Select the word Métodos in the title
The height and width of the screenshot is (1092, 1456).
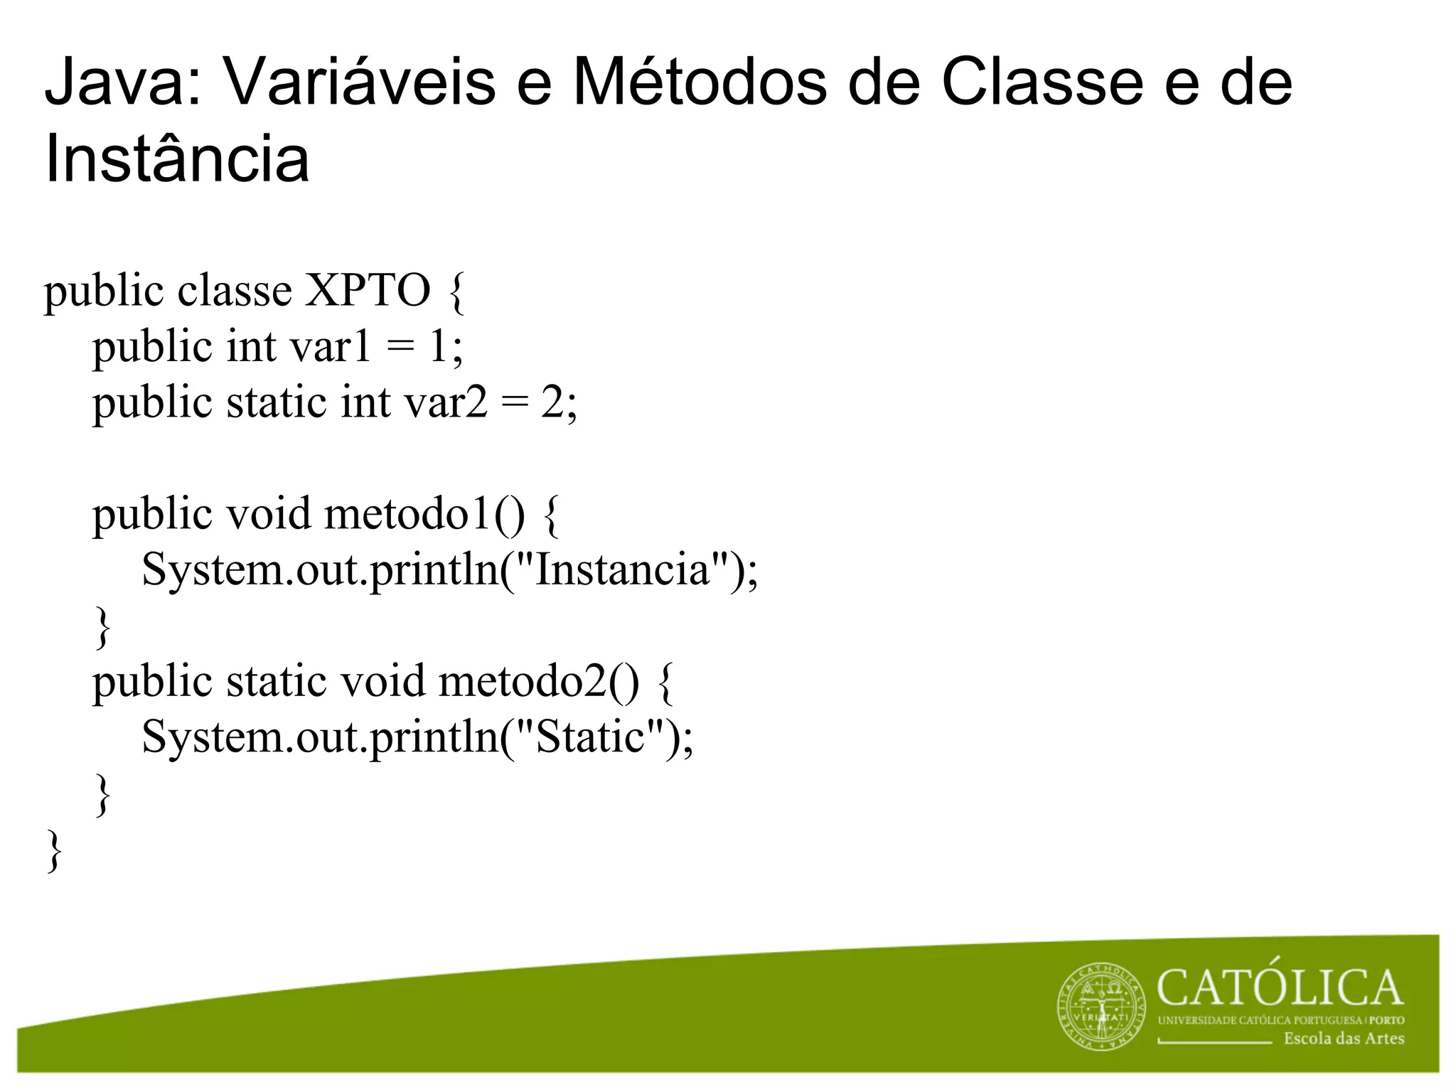coord(700,83)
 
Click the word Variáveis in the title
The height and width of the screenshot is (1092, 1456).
coord(360,83)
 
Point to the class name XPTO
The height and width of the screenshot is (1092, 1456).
coord(368,291)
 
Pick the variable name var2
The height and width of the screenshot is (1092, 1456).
coord(446,402)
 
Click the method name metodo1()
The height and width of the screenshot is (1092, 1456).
coord(424,513)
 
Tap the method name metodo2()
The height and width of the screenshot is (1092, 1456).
coord(539,681)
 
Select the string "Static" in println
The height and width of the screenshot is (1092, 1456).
coord(589,737)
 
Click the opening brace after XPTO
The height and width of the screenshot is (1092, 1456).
coord(457,292)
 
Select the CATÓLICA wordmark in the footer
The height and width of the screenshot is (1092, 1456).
coord(1280,989)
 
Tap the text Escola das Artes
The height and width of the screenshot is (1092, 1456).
coord(1344,1039)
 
